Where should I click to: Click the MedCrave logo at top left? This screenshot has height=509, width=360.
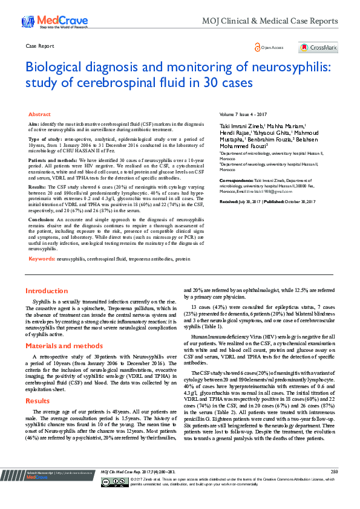tap(46, 22)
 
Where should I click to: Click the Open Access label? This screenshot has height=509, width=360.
tap(272, 48)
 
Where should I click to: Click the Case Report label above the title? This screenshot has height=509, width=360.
tap(37, 47)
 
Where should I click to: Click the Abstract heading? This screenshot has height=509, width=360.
tap(39, 114)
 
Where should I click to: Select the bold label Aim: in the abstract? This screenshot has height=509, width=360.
tap(34, 123)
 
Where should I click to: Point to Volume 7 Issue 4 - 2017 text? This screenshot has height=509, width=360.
tap(244, 114)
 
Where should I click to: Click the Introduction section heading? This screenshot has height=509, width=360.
tap(47, 291)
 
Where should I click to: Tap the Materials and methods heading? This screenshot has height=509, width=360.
tap(64, 346)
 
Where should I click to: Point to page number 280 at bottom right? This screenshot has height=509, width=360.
tap(334, 488)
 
